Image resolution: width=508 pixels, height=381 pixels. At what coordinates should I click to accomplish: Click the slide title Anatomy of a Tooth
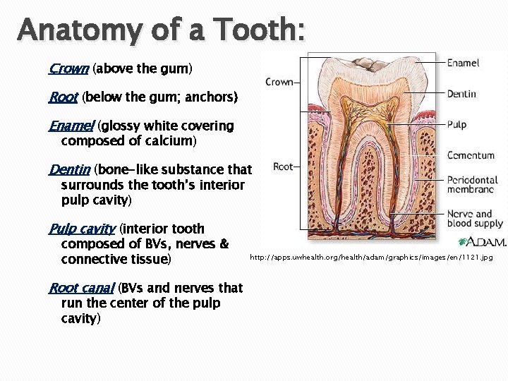[162, 30]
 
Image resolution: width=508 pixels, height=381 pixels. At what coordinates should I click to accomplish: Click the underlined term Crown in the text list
[68, 69]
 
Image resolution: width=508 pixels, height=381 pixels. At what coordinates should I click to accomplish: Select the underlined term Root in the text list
[64, 97]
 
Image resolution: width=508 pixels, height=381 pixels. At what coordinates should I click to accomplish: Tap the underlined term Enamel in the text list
[73, 126]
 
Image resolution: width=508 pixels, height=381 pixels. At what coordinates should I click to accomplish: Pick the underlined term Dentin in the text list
[70, 170]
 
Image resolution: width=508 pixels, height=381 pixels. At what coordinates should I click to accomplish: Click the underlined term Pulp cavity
[82, 229]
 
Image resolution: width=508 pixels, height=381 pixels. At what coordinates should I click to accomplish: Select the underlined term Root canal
[81, 288]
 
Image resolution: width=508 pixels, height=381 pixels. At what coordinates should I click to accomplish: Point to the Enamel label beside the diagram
[463, 63]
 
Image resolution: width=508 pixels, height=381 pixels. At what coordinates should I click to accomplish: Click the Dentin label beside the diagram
[461, 94]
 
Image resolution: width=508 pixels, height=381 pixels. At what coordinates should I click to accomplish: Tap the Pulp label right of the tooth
[456, 125]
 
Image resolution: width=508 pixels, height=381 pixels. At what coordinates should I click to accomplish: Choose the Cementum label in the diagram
[471, 155]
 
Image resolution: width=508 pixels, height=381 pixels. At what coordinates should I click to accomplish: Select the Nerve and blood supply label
[475, 219]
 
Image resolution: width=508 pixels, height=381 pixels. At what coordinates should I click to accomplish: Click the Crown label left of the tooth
[279, 82]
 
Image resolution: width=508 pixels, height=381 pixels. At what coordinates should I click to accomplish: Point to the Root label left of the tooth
[282, 167]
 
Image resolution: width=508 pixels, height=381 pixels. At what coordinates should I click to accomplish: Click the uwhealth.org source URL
[371, 258]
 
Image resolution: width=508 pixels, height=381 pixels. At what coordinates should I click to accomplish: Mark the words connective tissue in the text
[116, 260]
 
